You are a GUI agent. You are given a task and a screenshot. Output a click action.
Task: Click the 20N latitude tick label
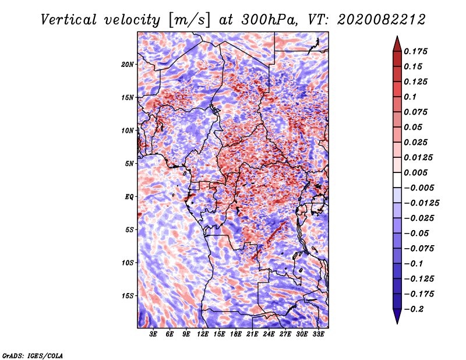(128, 65)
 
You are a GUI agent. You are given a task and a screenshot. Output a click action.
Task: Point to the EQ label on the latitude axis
(129, 197)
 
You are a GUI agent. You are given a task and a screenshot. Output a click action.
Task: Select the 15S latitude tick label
(128, 296)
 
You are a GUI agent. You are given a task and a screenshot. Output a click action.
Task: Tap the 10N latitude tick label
(128, 130)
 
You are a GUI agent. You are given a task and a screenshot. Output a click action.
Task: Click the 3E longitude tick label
(153, 334)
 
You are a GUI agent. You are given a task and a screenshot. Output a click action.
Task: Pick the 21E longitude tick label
(252, 334)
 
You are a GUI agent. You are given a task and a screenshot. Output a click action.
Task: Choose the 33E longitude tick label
(318, 334)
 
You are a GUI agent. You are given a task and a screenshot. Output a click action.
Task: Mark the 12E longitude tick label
(203, 334)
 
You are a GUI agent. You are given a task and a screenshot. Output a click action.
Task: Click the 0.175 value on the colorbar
(415, 51)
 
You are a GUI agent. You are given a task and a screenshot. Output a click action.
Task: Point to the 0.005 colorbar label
(415, 172)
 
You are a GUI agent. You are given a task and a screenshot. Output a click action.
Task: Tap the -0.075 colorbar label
(419, 249)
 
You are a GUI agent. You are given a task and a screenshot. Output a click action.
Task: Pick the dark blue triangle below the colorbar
(397, 315)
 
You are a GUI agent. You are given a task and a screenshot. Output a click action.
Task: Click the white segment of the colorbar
(397, 180)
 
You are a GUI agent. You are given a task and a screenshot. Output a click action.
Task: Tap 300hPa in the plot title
(269, 20)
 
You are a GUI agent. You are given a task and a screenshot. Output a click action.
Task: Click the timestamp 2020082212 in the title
(381, 20)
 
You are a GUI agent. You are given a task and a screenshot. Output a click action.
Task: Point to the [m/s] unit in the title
(189, 20)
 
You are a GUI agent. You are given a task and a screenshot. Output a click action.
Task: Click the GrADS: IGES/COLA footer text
(33, 355)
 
